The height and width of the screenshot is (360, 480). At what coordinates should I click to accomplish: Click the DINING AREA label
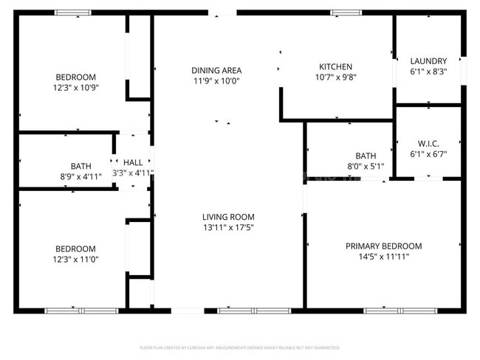(x=216, y=70)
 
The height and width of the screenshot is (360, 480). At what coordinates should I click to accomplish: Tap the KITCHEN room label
(x=335, y=66)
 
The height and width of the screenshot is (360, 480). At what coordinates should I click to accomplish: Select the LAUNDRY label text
(x=428, y=61)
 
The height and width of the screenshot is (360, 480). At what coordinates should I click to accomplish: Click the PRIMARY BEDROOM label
(x=383, y=246)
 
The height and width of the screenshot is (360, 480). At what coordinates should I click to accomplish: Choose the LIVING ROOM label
(x=228, y=217)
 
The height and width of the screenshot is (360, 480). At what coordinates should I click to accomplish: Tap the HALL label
(x=133, y=162)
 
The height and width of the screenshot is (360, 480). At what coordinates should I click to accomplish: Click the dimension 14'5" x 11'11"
(x=383, y=257)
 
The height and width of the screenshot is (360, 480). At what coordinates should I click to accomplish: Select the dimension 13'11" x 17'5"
(x=228, y=228)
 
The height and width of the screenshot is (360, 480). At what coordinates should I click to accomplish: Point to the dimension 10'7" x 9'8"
(x=335, y=77)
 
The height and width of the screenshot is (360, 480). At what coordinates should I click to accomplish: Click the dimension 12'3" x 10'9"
(x=75, y=87)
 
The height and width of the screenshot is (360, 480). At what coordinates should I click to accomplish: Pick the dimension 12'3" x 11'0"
(x=75, y=260)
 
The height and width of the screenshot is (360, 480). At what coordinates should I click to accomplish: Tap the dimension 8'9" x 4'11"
(x=80, y=177)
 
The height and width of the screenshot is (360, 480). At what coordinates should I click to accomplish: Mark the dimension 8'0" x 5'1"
(x=366, y=167)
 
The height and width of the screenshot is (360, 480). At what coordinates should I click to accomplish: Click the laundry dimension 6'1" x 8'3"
(x=428, y=72)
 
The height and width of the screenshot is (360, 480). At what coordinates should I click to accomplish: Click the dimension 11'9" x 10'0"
(x=216, y=80)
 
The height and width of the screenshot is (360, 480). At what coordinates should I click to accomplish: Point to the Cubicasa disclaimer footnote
(x=239, y=347)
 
